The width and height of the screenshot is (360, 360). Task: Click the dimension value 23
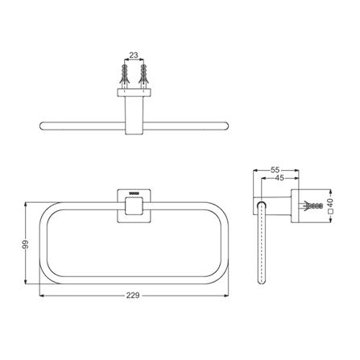click(x=134, y=55)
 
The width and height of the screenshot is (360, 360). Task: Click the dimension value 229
click(x=133, y=296)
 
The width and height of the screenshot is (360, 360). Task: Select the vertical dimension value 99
click(x=26, y=244)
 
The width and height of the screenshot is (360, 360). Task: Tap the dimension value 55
click(x=275, y=170)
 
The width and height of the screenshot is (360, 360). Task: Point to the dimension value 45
click(x=279, y=178)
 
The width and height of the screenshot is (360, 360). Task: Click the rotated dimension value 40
click(x=330, y=201)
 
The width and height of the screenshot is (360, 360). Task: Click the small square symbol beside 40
click(x=330, y=211)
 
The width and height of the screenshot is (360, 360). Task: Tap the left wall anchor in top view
click(x=124, y=77)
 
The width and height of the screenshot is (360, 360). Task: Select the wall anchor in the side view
click(x=313, y=206)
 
